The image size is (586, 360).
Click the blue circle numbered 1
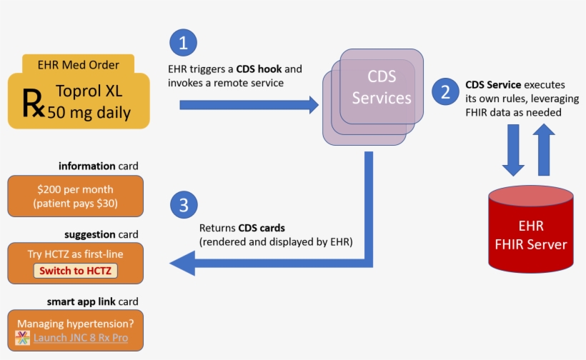[184, 43]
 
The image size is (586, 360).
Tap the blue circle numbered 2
[447, 91]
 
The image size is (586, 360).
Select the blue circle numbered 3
[184, 206]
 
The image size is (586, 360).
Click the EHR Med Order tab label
[79, 65]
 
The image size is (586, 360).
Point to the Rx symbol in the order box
[34, 101]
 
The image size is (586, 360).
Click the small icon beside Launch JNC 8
[23, 338]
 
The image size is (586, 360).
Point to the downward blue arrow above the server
[514, 150]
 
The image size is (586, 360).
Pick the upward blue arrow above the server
[543, 149]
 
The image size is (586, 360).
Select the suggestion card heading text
[101, 234]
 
